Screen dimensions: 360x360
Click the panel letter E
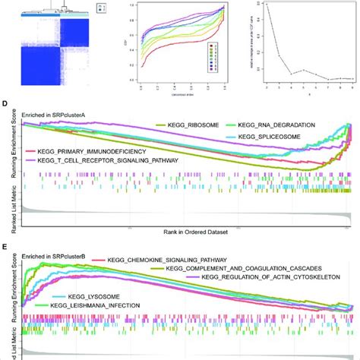(x=6, y=248)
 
